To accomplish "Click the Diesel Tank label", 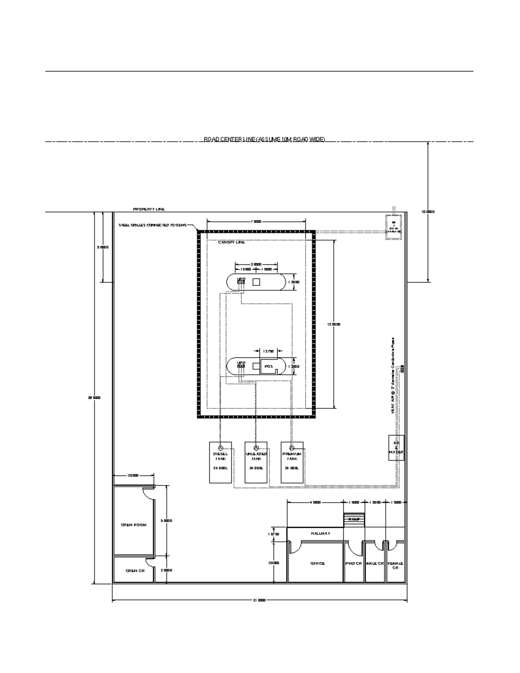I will (x=220, y=456).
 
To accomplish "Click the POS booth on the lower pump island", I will (x=268, y=367).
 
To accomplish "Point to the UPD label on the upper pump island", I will (x=241, y=278).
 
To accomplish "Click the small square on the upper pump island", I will (x=256, y=282).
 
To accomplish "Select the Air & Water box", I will (x=396, y=448).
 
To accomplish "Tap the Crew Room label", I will (x=133, y=525).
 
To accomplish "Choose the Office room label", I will (x=317, y=563).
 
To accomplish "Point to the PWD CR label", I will (x=353, y=563).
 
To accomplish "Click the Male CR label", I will (x=375, y=563).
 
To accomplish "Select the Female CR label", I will (x=395, y=565).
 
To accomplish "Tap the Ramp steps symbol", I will (x=354, y=519).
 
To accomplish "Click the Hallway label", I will (x=320, y=533).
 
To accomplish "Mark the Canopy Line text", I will (x=231, y=242).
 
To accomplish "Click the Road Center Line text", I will (x=264, y=139).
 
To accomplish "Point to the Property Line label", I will (x=149, y=209).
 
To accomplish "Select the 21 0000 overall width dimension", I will (x=259, y=601).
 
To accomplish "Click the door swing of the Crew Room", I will (x=148, y=492).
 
